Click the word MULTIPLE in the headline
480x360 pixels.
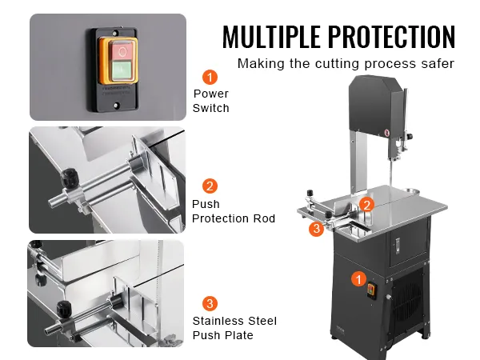click(271, 37)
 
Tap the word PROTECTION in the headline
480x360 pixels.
click(392, 37)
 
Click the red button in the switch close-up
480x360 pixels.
click(122, 51)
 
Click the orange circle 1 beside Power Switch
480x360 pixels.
click(210, 77)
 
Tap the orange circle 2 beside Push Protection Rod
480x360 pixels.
click(210, 186)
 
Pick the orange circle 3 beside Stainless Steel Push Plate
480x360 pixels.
click(210, 304)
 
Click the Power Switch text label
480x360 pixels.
click(211, 101)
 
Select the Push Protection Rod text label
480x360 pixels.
click(234, 211)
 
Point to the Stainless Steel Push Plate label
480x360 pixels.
click(234, 328)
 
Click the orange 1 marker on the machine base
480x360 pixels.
click(358, 279)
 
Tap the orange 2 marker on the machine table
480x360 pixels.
click(366, 205)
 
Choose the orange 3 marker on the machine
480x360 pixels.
click(316, 228)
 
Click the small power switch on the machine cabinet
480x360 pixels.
click(371, 290)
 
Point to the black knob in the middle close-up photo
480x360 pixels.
click(70, 177)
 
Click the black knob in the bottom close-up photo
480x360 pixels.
click(63, 309)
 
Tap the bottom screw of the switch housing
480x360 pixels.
click(116, 106)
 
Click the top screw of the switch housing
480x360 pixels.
click(115, 33)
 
